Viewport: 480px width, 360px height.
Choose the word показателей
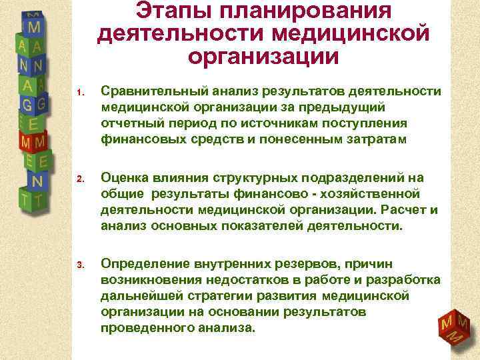[x=263, y=226]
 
